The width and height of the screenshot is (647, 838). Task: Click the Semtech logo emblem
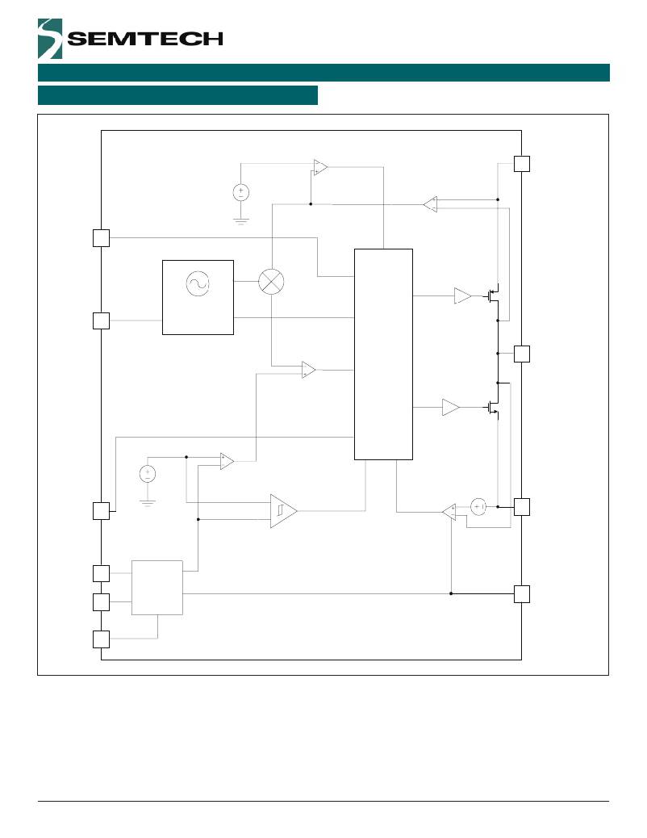tap(50, 39)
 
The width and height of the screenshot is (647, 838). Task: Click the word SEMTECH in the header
tap(145, 39)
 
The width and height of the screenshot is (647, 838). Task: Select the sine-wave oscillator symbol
tap(197, 283)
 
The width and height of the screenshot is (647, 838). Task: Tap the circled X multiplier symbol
tap(271, 282)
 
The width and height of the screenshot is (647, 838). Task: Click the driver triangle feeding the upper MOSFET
tap(462, 296)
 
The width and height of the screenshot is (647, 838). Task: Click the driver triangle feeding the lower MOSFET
tap(450, 408)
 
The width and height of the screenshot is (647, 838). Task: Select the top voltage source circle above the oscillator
tap(240, 192)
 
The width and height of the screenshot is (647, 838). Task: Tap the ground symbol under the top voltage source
tap(240, 220)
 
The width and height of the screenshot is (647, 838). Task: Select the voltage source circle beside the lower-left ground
tap(147, 474)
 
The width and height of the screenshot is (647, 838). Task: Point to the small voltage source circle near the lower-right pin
tap(478, 507)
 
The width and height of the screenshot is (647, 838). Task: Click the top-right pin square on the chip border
tap(522, 163)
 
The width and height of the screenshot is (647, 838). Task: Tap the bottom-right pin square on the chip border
tap(522, 594)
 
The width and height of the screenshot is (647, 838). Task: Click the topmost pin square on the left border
tap(101, 237)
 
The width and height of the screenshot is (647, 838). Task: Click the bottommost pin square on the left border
tap(101, 639)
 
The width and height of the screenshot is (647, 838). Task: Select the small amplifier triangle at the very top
tap(320, 167)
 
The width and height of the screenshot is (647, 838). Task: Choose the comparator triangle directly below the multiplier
tap(308, 370)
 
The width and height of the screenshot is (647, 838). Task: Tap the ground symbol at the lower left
tap(147, 501)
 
